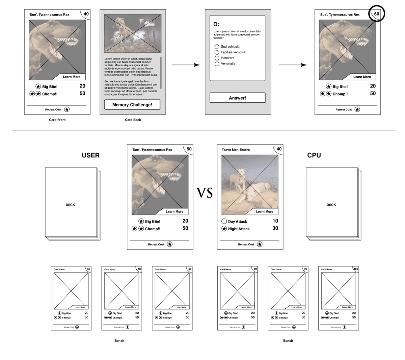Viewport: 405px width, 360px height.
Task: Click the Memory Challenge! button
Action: pos(132,105)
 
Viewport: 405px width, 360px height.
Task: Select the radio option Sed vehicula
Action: pos(217,47)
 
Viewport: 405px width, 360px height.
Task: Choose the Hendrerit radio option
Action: pos(217,58)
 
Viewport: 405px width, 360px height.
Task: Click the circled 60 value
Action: pos(376,14)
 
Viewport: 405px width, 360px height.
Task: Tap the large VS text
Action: pos(205,193)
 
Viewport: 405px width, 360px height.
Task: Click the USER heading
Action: pos(90,155)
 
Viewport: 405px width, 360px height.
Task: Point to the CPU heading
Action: pos(314,155)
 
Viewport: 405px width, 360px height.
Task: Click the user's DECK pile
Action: pos(71,205)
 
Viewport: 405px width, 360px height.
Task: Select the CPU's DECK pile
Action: pos(331,205)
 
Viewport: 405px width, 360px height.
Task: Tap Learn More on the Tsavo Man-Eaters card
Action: pos(264,212)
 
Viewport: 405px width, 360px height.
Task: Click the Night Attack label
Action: pos(239,229)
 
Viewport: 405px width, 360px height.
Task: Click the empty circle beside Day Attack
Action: pos(224,222)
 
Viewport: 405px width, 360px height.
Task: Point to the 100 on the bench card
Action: pos(356,269)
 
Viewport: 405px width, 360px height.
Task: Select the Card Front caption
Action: pos(57,120)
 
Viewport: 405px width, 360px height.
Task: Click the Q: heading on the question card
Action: pos(216,24)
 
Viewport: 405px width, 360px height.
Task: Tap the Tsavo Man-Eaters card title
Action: pos(236,150)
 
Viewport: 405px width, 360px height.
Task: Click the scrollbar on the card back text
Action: pos(161,72)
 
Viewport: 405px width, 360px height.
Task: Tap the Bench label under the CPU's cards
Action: pos(288,341)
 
